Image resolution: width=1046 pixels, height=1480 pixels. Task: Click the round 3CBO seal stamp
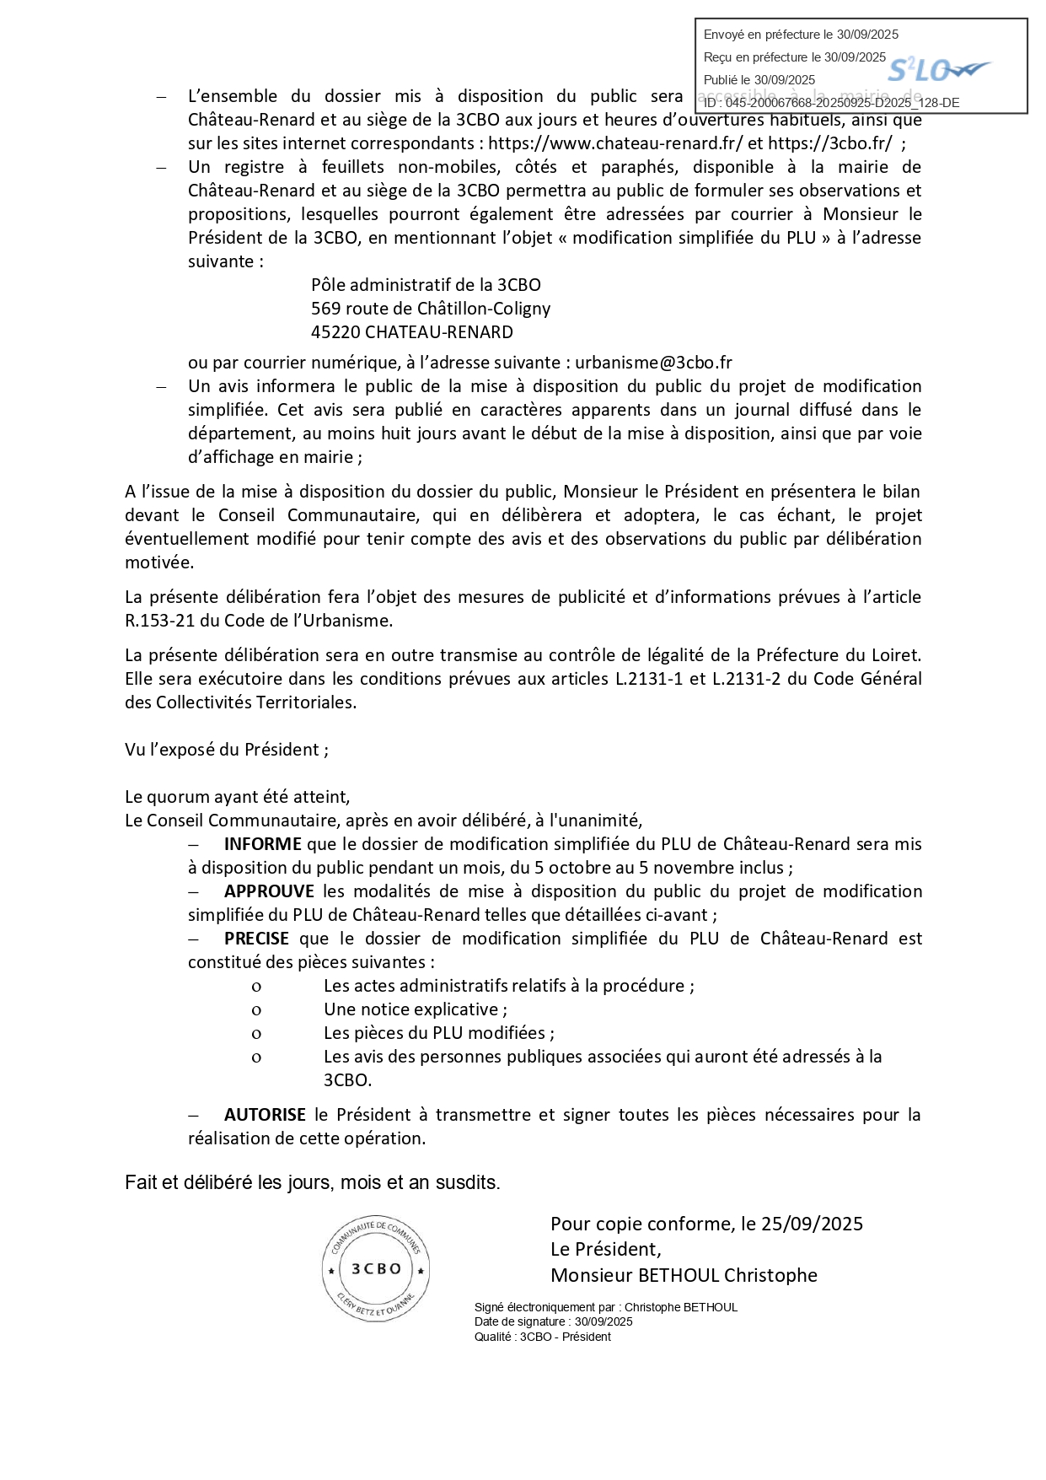click(376, 1268)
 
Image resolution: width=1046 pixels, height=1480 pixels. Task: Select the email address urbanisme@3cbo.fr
click(653, 363)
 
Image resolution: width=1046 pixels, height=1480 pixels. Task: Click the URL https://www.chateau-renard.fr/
click(615, 143)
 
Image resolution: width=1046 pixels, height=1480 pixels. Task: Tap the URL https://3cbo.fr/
click(829, 143)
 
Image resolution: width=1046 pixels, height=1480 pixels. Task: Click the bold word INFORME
click(262, 844)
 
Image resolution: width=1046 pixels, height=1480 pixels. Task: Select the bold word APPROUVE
click(269, 891)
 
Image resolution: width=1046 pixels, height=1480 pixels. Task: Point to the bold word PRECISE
click(256, 939)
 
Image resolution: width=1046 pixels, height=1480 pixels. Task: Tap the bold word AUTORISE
click(265, 1115)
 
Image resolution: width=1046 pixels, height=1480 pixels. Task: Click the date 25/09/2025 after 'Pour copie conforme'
click(812, 1224)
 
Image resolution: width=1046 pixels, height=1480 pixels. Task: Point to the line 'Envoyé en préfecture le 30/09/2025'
click(801, 35)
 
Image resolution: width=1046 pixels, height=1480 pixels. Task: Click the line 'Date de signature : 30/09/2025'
click(553, 1321)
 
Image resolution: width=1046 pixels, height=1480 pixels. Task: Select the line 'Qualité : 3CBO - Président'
click(542, 1337)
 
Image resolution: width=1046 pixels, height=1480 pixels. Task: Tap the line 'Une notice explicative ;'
click(416, 1009)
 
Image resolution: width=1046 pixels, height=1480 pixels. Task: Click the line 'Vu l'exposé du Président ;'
click(227, 750)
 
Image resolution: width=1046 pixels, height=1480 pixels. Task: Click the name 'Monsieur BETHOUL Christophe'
click(684, 1275)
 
